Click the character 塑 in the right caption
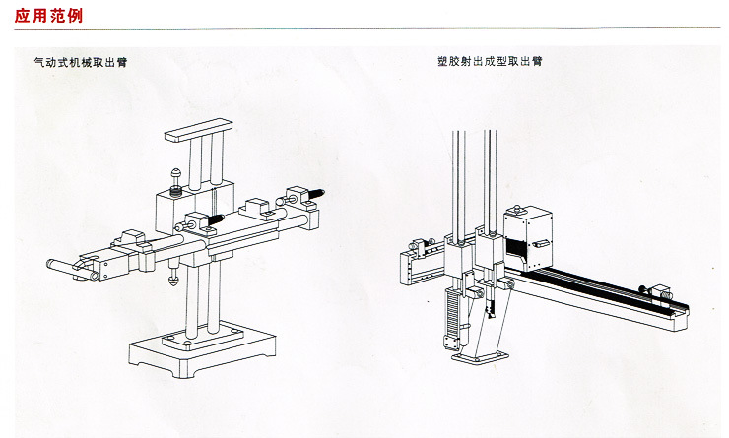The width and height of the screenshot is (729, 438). coord(442,61)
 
